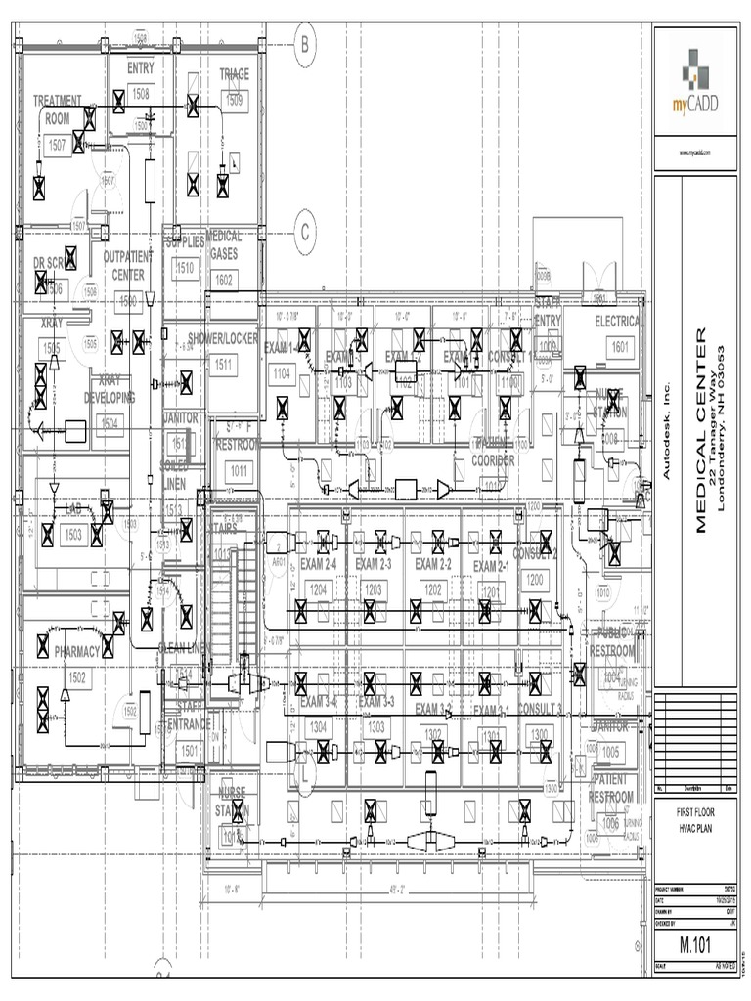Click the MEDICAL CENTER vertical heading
[701, 430]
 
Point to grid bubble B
[304, 44]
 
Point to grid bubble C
[304, 232]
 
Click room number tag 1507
[58, 145]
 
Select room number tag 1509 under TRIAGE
[235, 99]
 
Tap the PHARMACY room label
[77, 651]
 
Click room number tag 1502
[78, 676]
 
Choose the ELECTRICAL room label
[619, 321]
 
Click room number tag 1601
[619, 346]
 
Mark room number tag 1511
[223, 364]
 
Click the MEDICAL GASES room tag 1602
[224, 280]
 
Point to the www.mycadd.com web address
[693, 153]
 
